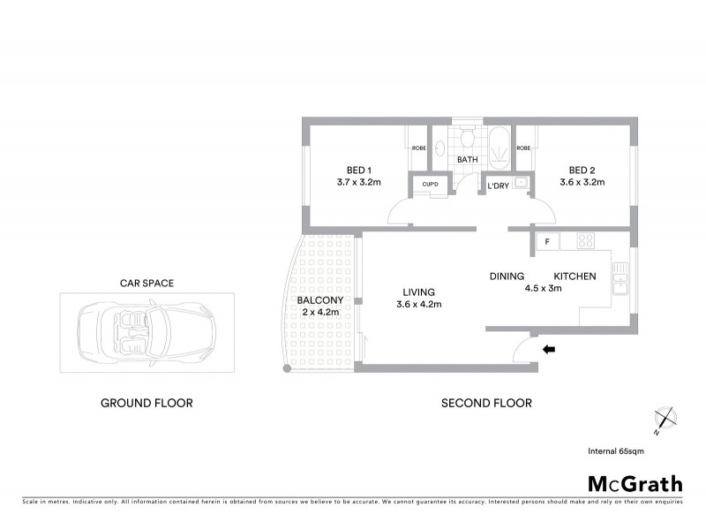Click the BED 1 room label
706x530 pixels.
coord(357,170)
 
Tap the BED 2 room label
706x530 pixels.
coord(582,170)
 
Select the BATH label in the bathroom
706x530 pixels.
coord(467,160)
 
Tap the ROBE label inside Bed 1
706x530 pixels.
coord(417,148)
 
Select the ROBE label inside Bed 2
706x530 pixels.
coord(523,148)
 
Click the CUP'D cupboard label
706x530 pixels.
coord(431,184)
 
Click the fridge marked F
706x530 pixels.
coord(547,241)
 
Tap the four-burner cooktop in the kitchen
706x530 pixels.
coord(585,240)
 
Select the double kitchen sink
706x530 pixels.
coord(620,281)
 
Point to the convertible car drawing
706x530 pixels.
coord(146,332)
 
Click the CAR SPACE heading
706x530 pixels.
coord(146,284)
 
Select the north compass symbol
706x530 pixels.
coord(663,420)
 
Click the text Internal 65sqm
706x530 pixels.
coord(616,451)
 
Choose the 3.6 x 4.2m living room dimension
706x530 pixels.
coord(418,305)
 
